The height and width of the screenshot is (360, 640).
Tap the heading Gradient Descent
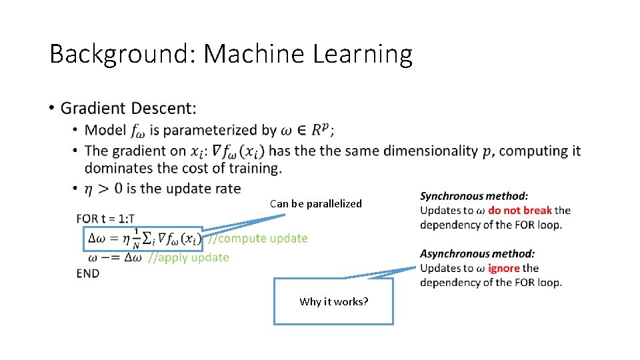pyautogui.click(x=128, y=108)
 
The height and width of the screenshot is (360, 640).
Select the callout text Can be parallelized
pyautogui.click(x=316, y=204)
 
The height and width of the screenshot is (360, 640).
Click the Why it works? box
pyautogui.click(x=333, y=301)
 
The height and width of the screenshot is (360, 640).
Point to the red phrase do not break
pyautogui.click(x=520, y=210)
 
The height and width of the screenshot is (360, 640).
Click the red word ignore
pyautogui.click(x=503, y=268)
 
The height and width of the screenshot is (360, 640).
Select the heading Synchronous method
pyautogui.click(x=474, y=196)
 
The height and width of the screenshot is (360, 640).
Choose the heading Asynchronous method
pyautogui.click(x=477, y=254)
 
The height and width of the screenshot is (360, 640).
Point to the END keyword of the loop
pyautogui.click(x=88, y=273)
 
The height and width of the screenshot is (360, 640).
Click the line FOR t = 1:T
pyautogui.click(x=105, y=219)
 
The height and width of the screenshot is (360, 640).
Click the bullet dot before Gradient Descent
pyautogui.click(x=51, y=108)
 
